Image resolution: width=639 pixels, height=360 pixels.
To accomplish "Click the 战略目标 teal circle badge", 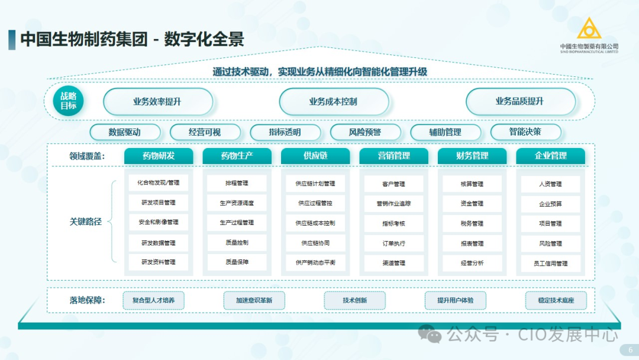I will click(x=68, y=101).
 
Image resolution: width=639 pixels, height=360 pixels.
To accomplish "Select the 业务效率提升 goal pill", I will click(x=158, y=101).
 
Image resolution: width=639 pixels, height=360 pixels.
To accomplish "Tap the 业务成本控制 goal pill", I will click(x=334, y=101).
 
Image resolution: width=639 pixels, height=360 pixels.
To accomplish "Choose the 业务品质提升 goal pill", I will click(x=520, y=101).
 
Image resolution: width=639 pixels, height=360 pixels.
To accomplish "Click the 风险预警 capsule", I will click(x=365, y=132).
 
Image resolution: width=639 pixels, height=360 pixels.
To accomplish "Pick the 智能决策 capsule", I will click(x=525, y=132).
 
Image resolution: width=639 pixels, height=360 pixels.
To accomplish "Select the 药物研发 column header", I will click(x=159, y=156).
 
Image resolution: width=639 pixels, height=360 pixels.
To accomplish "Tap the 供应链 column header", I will click(x=315, y=156).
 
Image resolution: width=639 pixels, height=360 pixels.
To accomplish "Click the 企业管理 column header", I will click(x=550, y=156).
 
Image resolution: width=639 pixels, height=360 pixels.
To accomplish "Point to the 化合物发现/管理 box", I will click(x=159, y=183).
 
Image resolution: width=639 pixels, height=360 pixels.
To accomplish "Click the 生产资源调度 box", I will click(x=237, y=203).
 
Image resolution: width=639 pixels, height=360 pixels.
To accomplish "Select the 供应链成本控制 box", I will click(x=315, y=223).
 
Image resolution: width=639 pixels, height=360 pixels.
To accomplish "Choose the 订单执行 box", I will click(x=393, y=243).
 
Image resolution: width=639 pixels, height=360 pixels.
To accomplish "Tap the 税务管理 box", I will click(x=472, y=223).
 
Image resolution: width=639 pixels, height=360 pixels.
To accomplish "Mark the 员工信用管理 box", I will click(x=550, y=263).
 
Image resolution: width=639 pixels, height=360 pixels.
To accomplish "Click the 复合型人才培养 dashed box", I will click(x=153, y=300).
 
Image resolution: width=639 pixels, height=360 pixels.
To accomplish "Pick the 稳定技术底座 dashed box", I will click(x=556, y=300).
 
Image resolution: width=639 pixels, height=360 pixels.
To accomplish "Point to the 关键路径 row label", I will click(x=86, y=222).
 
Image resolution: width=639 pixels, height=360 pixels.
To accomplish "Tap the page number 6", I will click(x=630, y=350).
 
